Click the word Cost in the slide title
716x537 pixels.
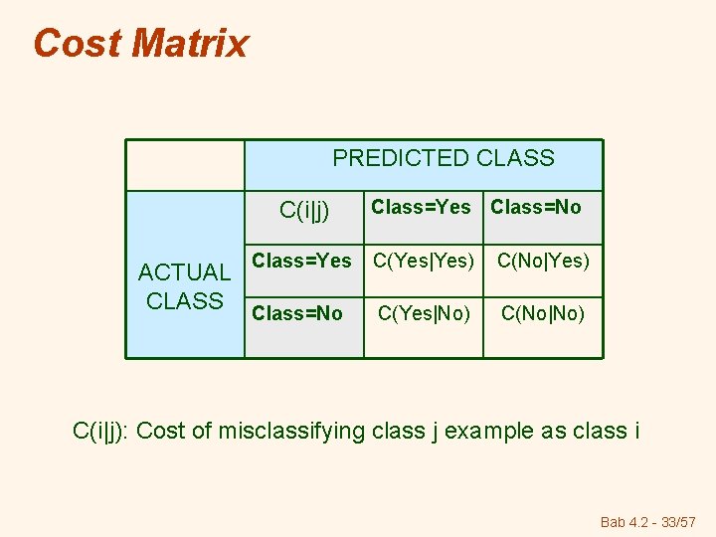(77, 44)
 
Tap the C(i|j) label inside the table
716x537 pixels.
(304, 210)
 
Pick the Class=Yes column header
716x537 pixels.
(421, 207)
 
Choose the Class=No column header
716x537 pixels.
(536, 207)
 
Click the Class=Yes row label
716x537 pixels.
(301, 261)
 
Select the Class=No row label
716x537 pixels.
(297, 313)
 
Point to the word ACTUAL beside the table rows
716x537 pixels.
(184, 272)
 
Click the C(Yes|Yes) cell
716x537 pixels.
(423, 262)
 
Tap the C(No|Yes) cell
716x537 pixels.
(543, 262)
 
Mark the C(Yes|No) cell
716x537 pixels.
(423, 314)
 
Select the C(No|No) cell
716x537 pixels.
(543, 314)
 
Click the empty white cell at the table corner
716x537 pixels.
(185, 165)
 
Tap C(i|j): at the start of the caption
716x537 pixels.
(104, 431)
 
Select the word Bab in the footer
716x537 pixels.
(614, 521)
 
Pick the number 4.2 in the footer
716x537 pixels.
(638, 521)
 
